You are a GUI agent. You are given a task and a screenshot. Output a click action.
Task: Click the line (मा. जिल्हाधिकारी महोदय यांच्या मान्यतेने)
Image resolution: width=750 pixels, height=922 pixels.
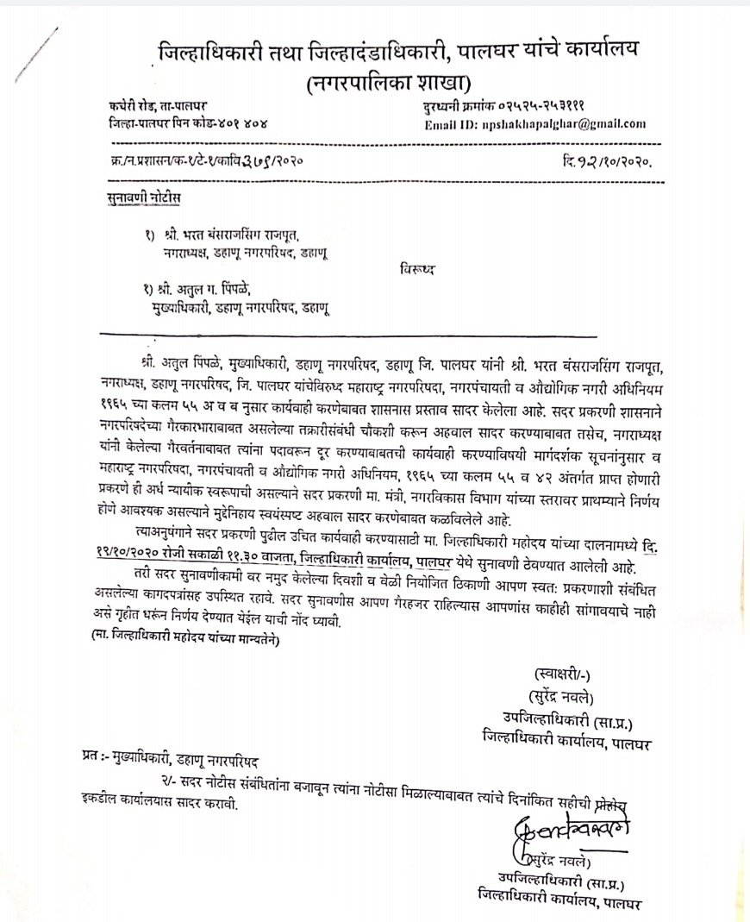tap(184, 641)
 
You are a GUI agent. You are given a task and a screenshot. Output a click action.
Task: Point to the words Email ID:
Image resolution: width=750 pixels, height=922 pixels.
tap(453, 124)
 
